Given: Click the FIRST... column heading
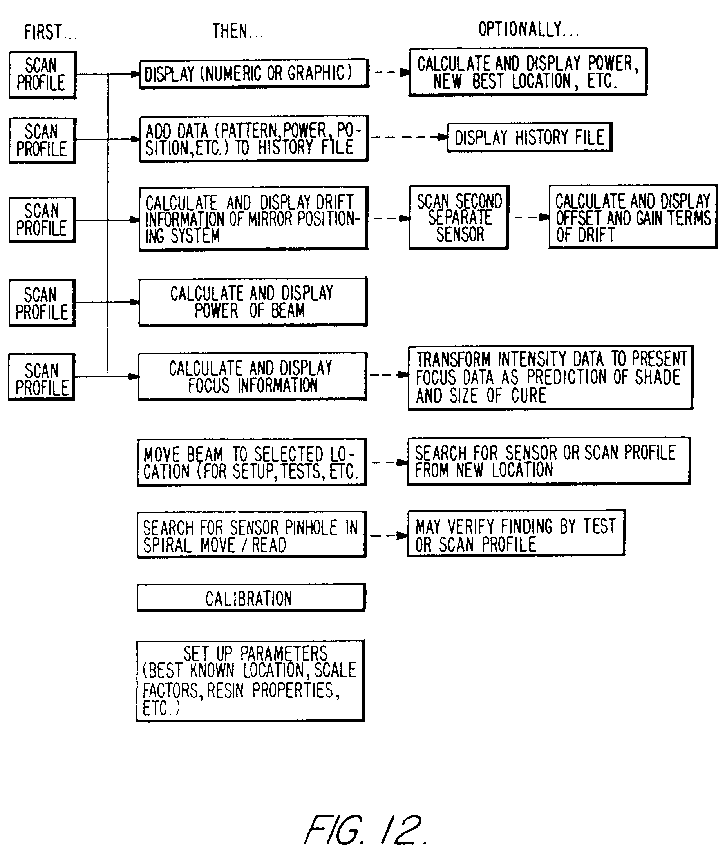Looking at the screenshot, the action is (x=51, y=32).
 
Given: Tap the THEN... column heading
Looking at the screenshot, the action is (x=237, y=31).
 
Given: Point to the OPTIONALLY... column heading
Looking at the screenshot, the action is (x=528, y=29).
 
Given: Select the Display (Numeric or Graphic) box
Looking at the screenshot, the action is (x=254, y=74).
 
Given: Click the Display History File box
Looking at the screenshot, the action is (x=530, y=138).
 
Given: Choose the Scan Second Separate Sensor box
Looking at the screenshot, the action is (x=459, y=218).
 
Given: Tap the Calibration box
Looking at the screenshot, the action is (x=251, y=598).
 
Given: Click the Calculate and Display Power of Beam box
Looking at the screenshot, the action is (x=253, y=302).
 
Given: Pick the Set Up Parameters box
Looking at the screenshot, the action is (x=250, y=681).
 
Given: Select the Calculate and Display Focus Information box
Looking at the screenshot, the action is (x=252, y=376).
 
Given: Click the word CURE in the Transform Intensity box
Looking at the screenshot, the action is (x=528, y=396).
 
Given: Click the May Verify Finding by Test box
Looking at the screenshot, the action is (x=516, y=533).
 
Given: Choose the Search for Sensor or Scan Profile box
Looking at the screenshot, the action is (x=549, y=461).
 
